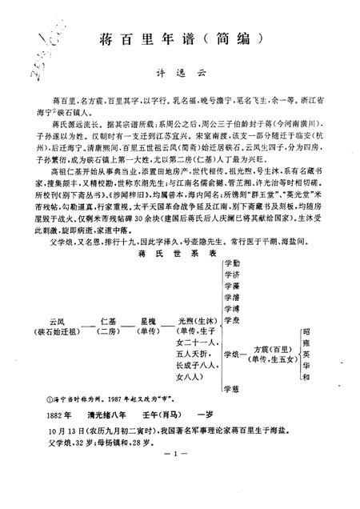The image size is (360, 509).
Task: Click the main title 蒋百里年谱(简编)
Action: pyautogui.click(x=179, y=40)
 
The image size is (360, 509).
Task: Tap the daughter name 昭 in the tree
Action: pyautogui.click(x=306, y=331)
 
